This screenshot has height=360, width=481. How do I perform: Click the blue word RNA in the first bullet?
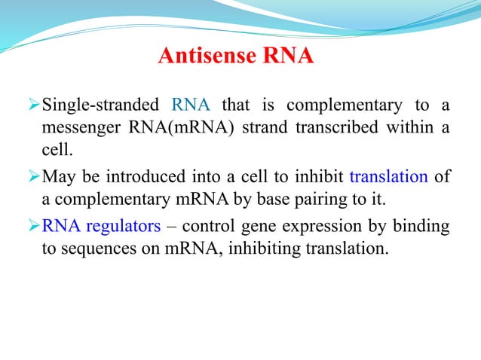pos(191,104)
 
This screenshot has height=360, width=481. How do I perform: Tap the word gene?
pos(258,227)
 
